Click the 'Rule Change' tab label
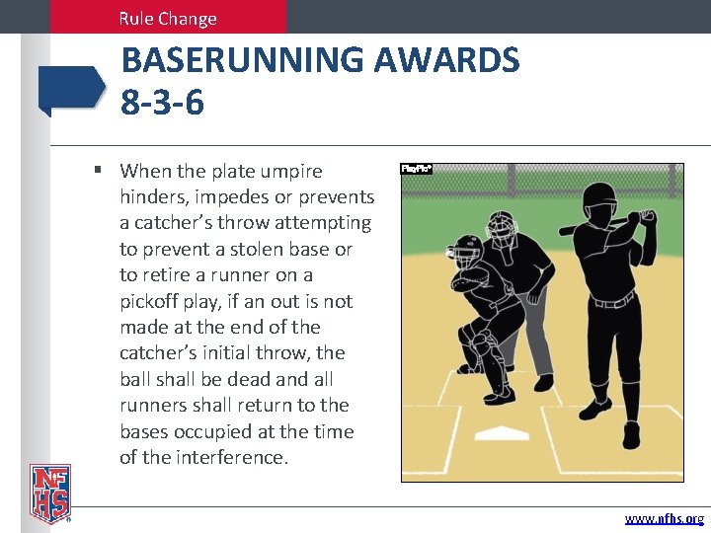point(167,18)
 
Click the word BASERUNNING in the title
point(241,61)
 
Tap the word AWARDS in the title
point(446,61)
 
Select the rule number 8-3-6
point(162,101)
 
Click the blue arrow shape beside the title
point(71,88)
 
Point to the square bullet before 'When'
point(99,170)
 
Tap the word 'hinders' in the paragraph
point(156,196)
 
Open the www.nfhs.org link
point(664,518)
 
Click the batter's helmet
point(597,205)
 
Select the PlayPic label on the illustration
point(416,169)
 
